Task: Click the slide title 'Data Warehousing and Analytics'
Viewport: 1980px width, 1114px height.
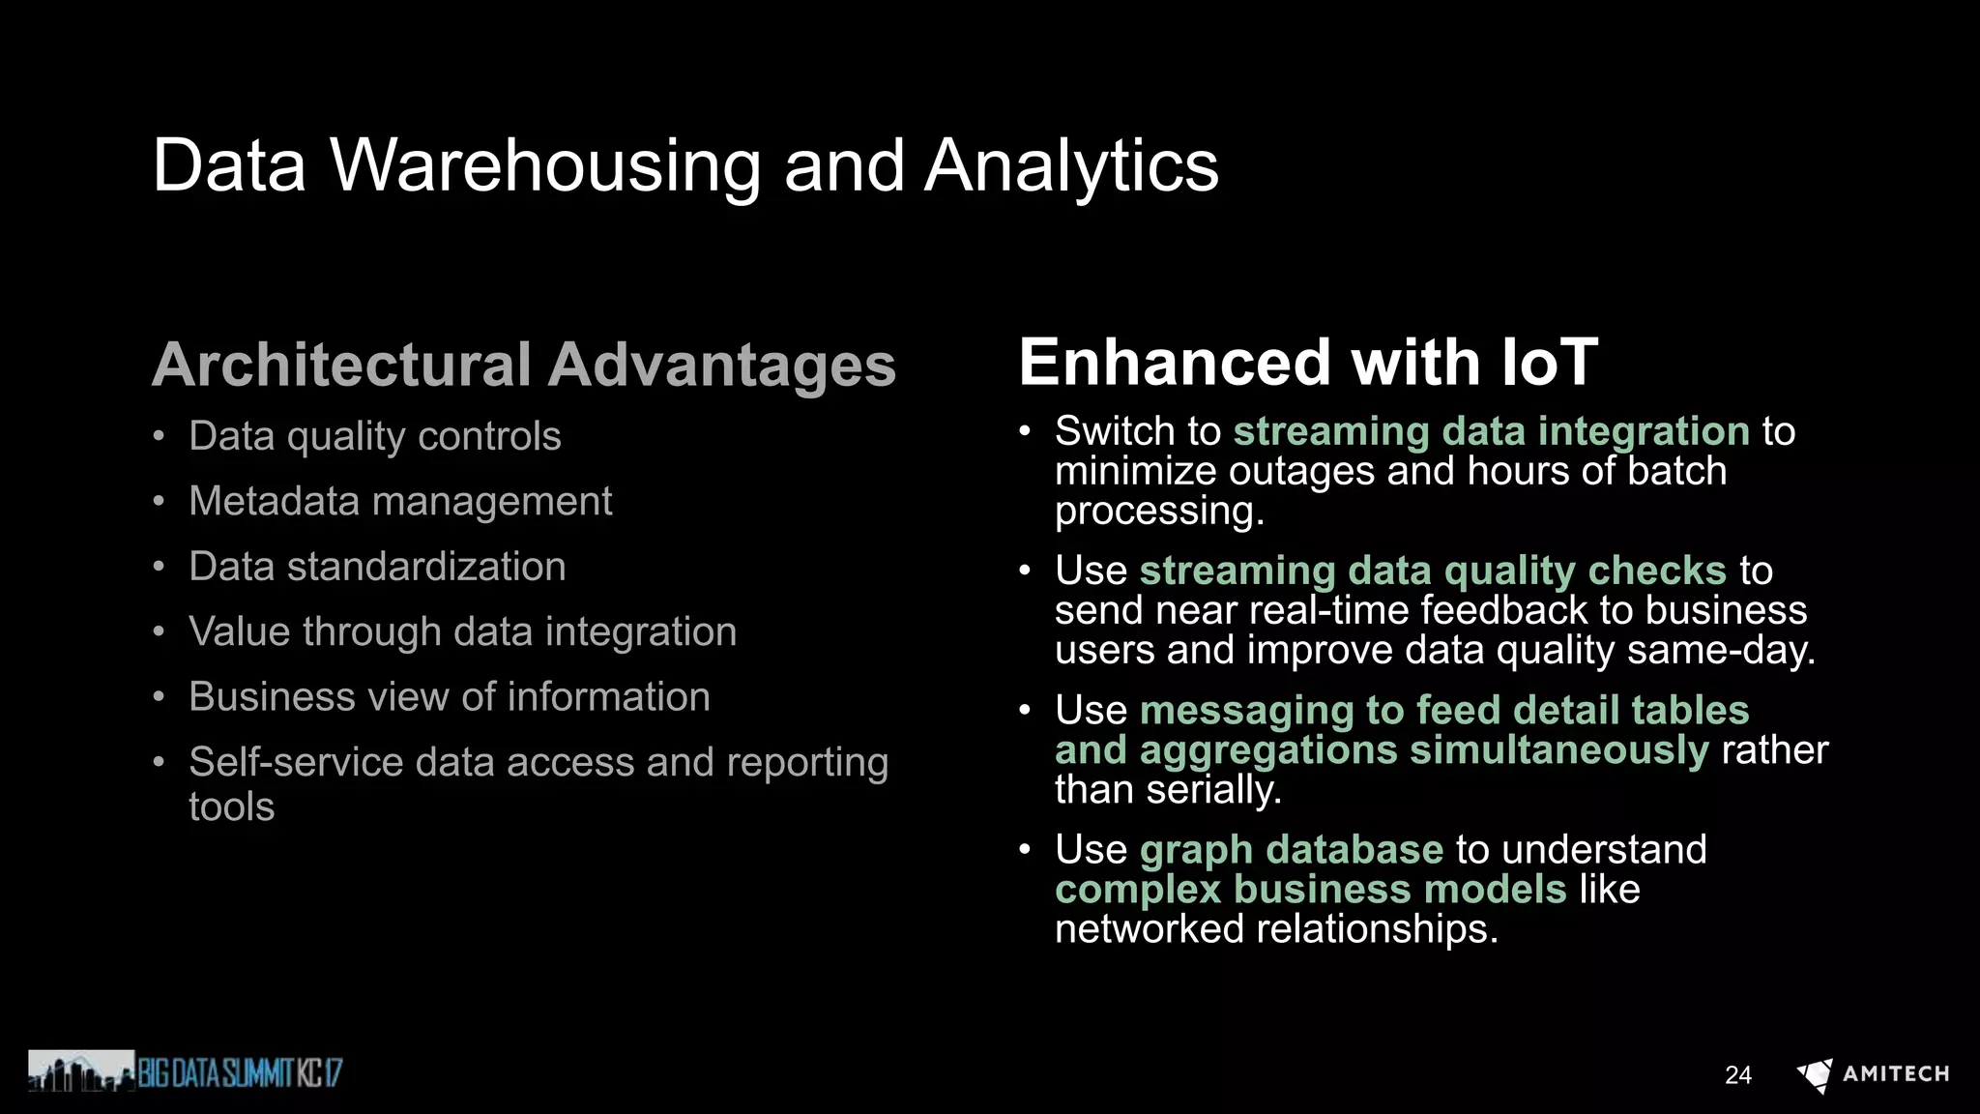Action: pos(685,165)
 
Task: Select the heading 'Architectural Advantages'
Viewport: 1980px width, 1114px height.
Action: pos(524,366)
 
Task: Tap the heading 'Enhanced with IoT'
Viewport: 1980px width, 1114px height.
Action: pos(1308,363)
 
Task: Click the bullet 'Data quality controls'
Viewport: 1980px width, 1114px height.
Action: pos(374,436)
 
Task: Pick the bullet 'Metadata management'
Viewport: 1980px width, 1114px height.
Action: pos(400,501)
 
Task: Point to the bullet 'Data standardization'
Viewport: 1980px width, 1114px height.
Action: pos(377,567)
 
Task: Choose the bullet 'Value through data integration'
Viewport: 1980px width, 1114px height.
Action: pos(462,631)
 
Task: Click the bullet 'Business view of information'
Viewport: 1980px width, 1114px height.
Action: pos(449,697)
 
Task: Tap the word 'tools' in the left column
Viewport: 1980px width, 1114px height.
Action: pos(231,806)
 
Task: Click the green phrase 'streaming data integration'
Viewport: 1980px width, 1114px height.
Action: pos(1491,431)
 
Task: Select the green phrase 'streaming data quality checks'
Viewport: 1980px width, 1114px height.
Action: pos(1433,571)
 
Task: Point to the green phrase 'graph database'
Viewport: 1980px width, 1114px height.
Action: pos(1292,850)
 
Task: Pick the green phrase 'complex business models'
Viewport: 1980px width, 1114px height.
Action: pos(1310,890)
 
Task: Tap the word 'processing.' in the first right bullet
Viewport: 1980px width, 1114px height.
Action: pos(1159,512)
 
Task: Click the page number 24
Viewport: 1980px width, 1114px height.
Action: pos(1737,1075)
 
